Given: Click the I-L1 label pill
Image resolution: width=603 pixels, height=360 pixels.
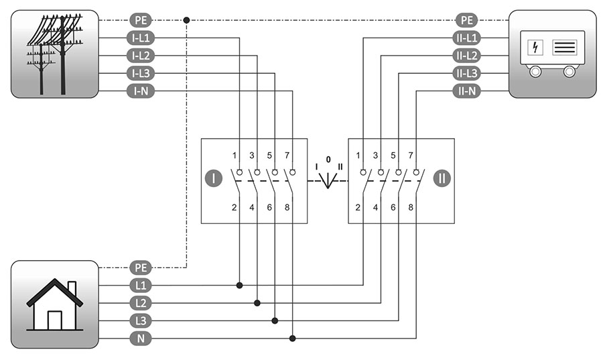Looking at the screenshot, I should point(141,38).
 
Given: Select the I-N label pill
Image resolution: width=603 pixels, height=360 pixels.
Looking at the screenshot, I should point(141,91).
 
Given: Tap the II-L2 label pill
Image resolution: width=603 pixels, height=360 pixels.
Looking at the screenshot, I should point(466,56).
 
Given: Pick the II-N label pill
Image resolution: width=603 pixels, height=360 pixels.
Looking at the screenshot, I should point(466,91).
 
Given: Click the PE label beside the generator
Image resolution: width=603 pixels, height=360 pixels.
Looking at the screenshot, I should point(466,20).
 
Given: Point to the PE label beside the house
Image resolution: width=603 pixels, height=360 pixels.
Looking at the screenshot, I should point(141,267).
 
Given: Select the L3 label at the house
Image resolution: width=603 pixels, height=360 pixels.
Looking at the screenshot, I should point(141,320).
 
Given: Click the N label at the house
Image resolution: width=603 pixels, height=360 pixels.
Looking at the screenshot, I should point(141,339).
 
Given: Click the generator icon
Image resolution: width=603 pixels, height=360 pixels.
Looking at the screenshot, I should point(553,54).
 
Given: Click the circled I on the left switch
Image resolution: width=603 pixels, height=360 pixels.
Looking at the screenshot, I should point(213,178).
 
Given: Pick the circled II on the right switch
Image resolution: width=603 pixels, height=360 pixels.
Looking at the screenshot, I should point(442,178).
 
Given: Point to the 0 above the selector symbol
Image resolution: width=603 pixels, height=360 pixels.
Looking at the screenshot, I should point(328,160).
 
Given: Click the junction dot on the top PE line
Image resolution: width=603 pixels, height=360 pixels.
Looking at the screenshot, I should point(186,20).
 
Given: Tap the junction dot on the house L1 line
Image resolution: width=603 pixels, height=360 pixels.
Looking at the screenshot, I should point(240,286).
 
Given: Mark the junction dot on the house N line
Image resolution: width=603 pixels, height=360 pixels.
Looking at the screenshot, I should point(292,339).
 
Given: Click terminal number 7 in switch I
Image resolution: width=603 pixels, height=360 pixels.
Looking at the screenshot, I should point(287,156).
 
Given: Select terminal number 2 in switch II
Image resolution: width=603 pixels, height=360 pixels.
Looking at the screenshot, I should point(358,208).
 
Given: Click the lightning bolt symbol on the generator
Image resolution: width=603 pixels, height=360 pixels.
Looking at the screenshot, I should point(535,48).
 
